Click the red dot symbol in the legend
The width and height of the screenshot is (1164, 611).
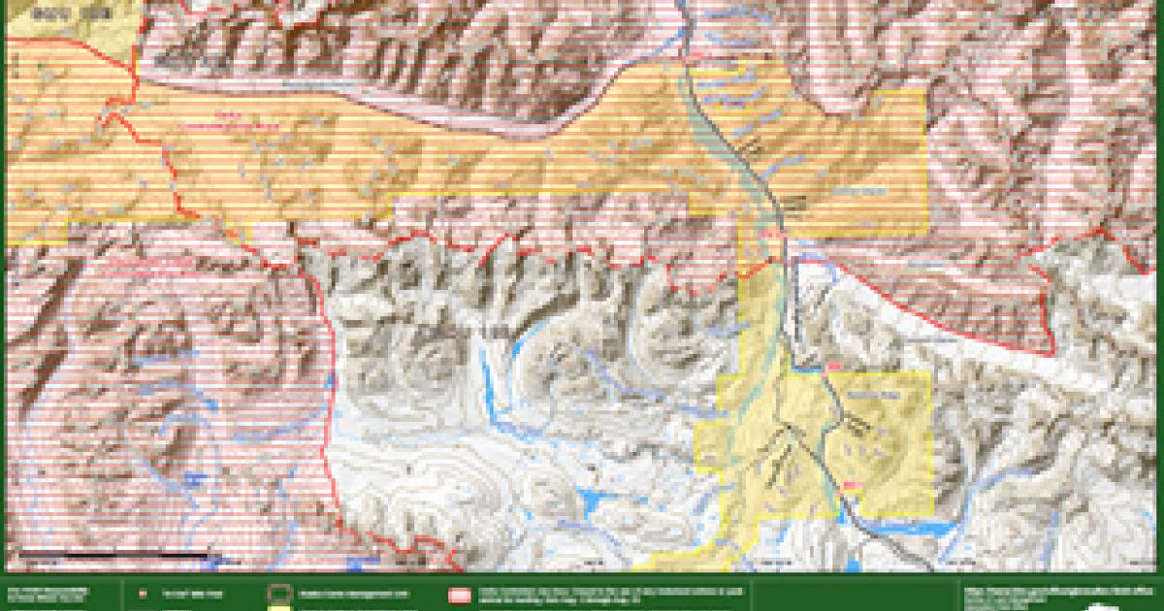click(143, 593)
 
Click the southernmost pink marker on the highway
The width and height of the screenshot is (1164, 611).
click(852, 485)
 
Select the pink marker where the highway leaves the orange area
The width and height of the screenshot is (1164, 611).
click(773, 234)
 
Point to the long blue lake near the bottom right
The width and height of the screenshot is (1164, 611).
click(907, 529)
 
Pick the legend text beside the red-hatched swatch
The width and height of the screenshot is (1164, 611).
click(601, 594)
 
